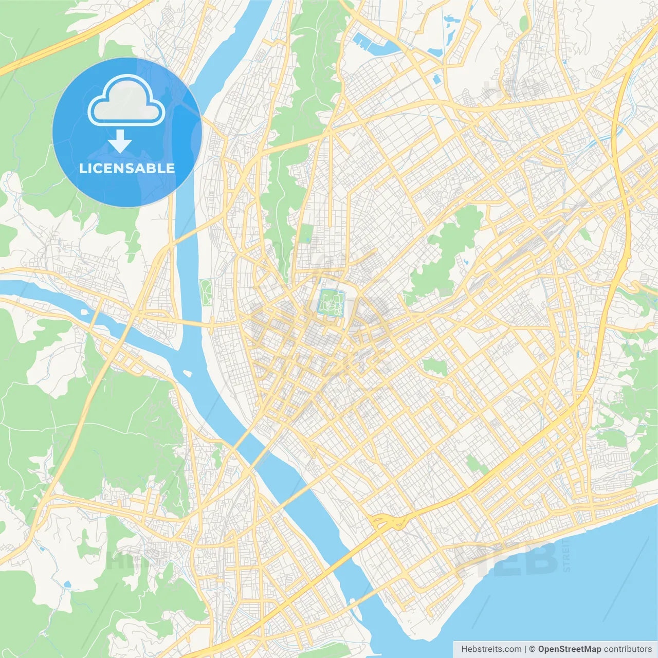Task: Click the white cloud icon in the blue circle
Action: pyautogui.click(x=126, y=102)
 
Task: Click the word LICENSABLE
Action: pyautogui.click(x=126, y=169)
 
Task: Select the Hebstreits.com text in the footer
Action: pyautogui.click(x=491, y=649)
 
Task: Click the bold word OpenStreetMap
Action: pyautogui.click(x=570, y=649)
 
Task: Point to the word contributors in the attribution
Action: pyautogui.click(x=628, y=649)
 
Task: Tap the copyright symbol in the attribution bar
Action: pyautogui.click(x=532, y=649)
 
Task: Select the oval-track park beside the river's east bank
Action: pyautogui.click(x=207, y=292)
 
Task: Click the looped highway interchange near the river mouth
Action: pyautogui.click(x=390, y=521)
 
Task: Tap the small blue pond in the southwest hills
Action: pyautogui.click(x=67, y=584)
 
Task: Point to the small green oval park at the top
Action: pyautogui.click(x=523, y=23)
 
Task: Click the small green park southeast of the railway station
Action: pyautogui.click(x=435, y=367)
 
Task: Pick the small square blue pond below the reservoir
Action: pyautogui.click(x=436, y=79)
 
